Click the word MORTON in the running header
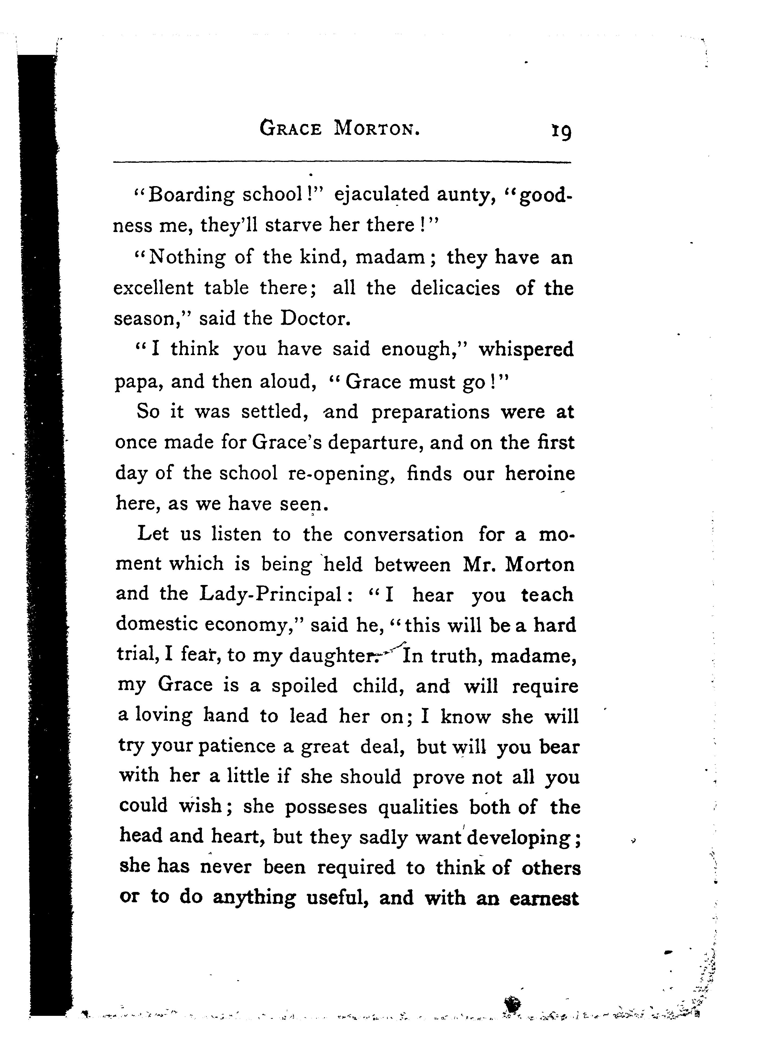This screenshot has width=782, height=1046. click(x=377, y=129)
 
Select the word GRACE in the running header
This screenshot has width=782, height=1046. click(x=291, y=129)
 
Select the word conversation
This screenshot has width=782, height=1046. click(x=403, y=535)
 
